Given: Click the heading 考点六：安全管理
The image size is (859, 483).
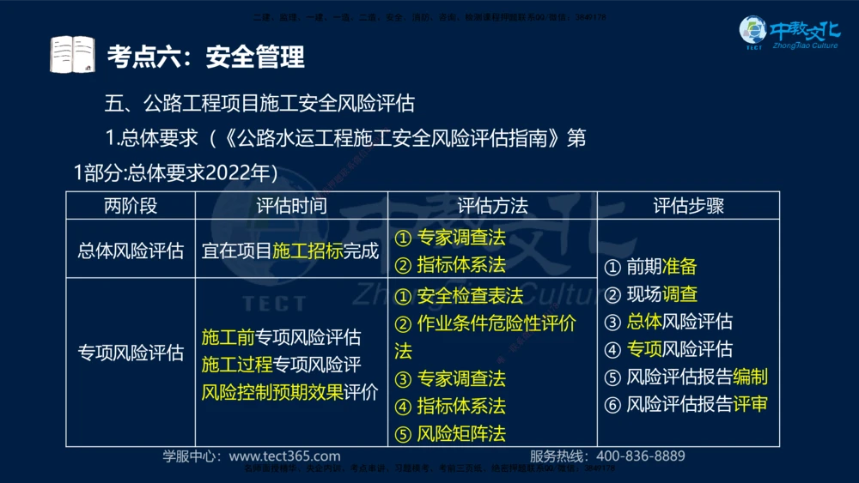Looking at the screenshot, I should point(205,57).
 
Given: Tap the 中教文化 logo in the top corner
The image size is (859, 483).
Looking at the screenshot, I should point(789,35).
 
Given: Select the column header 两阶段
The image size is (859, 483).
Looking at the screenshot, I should point(131,206).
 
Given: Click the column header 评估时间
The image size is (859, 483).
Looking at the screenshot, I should point(291,206).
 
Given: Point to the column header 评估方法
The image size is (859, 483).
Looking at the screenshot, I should point(492,206).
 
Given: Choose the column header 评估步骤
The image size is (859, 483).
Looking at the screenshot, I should point(688,206).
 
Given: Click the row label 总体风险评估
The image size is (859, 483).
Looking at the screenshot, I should point(131,251).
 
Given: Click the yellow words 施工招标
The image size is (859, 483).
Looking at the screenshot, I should point(308,251).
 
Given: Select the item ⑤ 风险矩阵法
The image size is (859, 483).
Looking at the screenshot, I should point(450,433).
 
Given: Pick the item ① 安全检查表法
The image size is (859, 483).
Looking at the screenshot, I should point(459,296).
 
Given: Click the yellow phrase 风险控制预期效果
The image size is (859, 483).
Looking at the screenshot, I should point(272,392).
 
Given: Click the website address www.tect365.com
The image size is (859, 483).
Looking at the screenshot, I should point(284,456).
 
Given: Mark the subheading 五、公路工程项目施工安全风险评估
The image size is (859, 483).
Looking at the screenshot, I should point(259,105).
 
